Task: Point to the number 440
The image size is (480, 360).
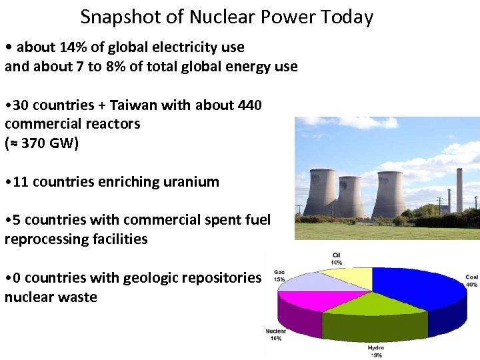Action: (x=249, y=105)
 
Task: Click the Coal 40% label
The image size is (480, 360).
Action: (x=471, y=281)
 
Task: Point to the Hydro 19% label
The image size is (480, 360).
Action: (x=375, y=351)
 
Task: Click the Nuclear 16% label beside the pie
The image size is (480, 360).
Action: (x=275, y=335)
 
